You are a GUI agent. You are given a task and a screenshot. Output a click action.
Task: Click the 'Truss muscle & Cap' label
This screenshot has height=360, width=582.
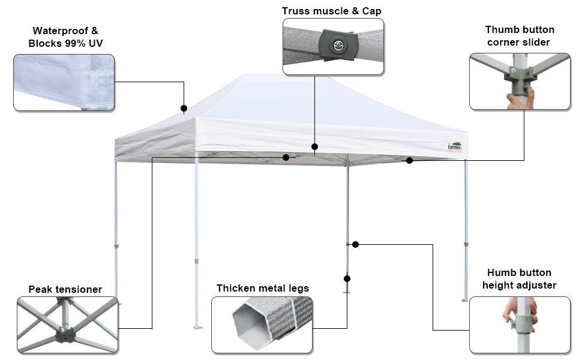click(332, 11)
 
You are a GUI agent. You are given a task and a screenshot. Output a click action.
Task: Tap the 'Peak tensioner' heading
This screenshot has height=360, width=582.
click(65, 289)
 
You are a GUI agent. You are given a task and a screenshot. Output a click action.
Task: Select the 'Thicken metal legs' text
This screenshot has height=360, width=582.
click(263, 288)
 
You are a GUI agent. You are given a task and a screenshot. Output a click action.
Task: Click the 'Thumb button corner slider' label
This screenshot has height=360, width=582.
click(520, 35)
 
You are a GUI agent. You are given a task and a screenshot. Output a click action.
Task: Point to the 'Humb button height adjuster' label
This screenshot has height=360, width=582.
click(520, 279)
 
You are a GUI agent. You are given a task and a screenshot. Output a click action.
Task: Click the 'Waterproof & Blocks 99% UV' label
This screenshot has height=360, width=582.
click(65, 37)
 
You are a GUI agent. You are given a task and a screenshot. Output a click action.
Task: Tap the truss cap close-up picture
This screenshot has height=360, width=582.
click(333, 46)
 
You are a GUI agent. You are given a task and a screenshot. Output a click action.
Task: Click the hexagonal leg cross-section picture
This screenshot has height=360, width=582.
click(262, 325)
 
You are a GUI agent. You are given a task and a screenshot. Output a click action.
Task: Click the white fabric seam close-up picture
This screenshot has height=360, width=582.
click(64, 82)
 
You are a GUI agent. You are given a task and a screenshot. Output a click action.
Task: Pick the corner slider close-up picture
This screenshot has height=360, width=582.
click(520, 81)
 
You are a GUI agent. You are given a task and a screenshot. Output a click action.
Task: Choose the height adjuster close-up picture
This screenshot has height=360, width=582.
click(520, 325)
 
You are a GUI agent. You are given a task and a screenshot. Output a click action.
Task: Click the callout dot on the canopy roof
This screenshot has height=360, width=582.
click(184, 109)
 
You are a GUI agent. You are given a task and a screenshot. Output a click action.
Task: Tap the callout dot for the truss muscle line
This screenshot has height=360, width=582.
click(314, 146)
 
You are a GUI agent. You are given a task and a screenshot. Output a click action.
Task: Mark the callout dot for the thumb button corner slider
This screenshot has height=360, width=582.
click(410, 160)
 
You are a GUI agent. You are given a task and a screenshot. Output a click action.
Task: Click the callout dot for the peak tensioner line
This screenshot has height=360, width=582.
click(286, 157)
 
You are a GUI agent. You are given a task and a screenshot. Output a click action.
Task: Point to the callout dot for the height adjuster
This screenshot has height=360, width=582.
click(355, 244)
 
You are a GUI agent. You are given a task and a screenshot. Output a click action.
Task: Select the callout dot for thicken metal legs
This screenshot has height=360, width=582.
click(347, 278)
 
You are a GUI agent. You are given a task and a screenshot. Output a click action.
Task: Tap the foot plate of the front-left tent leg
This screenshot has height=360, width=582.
click(197, 328)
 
